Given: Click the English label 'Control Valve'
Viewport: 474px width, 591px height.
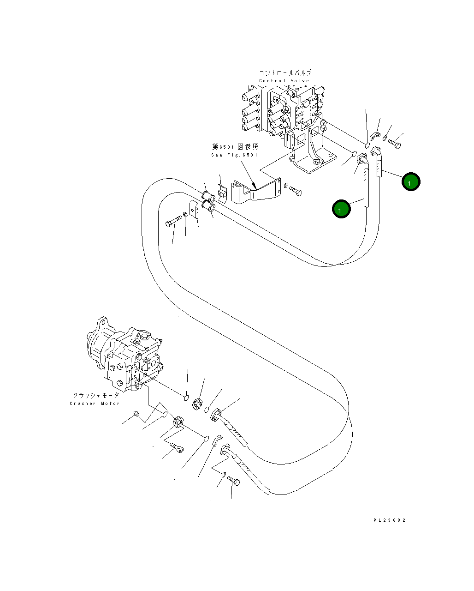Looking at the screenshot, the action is point(284,81).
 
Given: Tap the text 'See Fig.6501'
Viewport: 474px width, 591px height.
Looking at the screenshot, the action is point(235,155).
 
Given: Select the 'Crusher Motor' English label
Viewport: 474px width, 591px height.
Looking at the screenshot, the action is point(95,404).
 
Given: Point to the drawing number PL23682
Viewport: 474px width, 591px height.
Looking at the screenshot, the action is point(390,520).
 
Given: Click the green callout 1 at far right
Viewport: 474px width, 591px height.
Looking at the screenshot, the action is point(411,181).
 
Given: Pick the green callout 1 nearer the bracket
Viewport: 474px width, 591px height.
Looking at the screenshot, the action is point(341,209).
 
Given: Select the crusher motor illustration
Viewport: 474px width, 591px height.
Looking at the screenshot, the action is point(125,354).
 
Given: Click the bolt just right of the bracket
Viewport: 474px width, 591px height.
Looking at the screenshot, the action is point(295,190).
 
